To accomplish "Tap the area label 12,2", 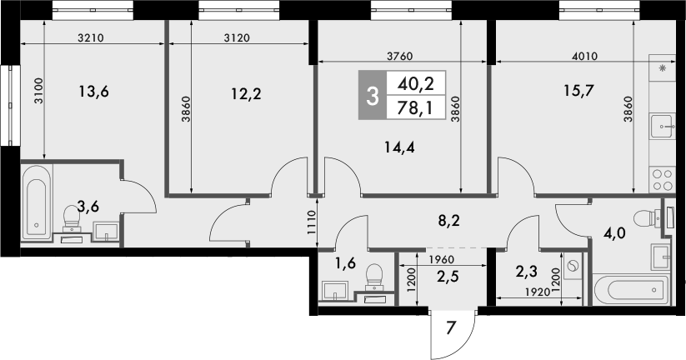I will pyautogui.click(x=246, y=93).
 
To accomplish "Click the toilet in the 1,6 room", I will pyautogui.click(x=375, y=276).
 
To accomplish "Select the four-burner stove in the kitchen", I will pyautogui.click(x=663, y=178).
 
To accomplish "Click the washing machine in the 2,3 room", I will pyautogui.click(x=573, y=267).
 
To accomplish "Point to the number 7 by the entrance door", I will pyautogui.click(x=451, y=326).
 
